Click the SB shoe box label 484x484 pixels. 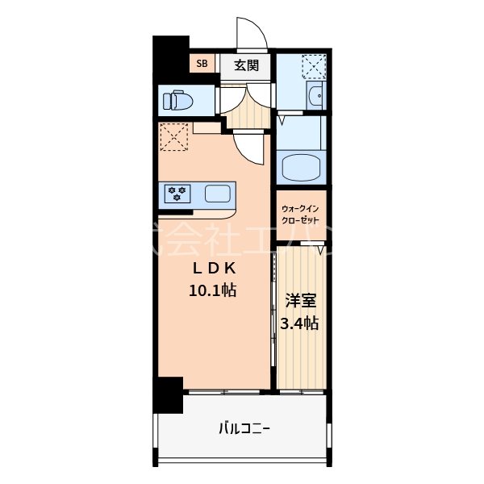coord(201,63)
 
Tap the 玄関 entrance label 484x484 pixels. coord(246,65)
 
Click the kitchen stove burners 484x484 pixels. coord(177,194)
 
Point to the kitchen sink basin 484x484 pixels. coord(218,194)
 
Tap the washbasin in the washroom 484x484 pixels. coord(315,98)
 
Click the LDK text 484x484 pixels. coord(213,269)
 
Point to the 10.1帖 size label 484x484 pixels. coord(213,290)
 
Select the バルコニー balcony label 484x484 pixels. coord(244,428)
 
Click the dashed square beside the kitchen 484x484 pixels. coord(174,136)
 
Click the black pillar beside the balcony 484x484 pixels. coord(169,394)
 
